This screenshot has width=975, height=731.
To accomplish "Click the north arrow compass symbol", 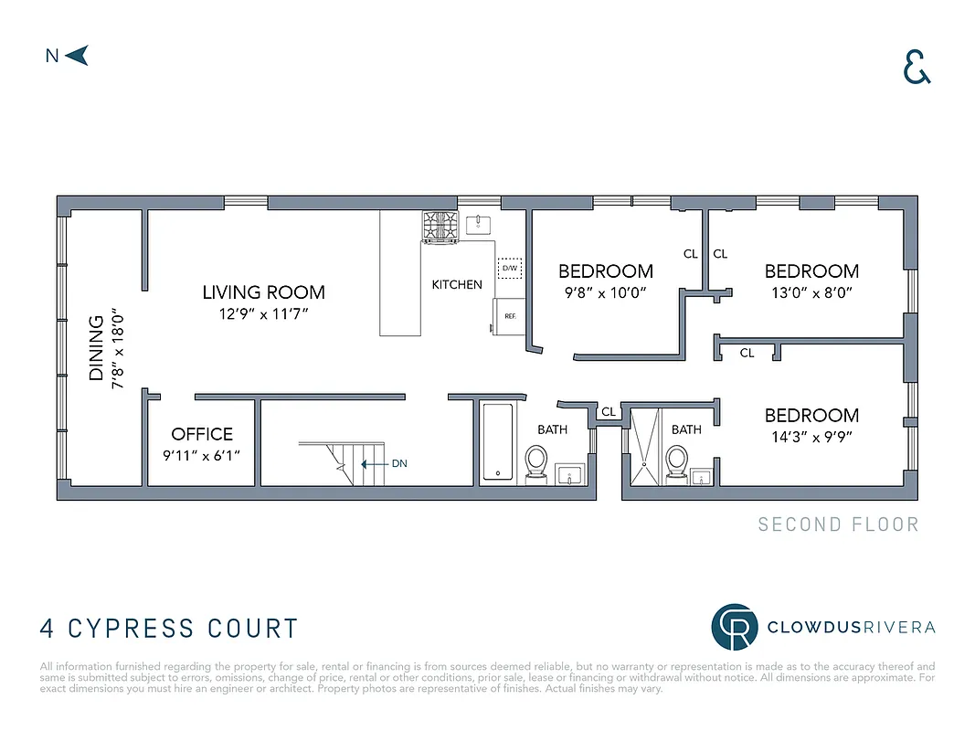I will click(x=79, y=56).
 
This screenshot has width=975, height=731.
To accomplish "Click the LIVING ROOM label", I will click(x=263, y=293).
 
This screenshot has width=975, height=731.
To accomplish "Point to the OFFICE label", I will click(x=202, y=434).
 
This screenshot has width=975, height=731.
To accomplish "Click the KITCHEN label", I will click(x=457, y=285).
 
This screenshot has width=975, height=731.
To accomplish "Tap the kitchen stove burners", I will click(x=440, y=226).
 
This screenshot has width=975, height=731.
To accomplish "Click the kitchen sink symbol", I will click(x=479, y=224).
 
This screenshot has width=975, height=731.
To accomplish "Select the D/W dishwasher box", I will click(x=509, y=269).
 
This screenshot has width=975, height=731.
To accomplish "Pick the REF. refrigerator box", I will click(x=510, y=316).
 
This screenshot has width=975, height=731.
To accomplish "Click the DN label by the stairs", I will click(x=399, y=463).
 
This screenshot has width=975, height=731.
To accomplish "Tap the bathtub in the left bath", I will click(x=498, y=442).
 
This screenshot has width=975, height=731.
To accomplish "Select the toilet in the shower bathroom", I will click(x=676, y=461).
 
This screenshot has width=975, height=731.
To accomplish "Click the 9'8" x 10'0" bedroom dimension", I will click(x=606, y=293).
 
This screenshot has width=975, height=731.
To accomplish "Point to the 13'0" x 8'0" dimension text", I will click(x=811, y=293).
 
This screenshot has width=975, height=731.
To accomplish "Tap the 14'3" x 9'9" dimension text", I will click(x=811, y=437).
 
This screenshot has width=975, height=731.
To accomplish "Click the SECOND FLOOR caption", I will click(x=838, y=524).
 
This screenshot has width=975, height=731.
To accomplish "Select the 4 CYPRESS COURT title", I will click(x=170, y=629).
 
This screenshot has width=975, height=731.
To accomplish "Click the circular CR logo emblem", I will click(x=735, y=627).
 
